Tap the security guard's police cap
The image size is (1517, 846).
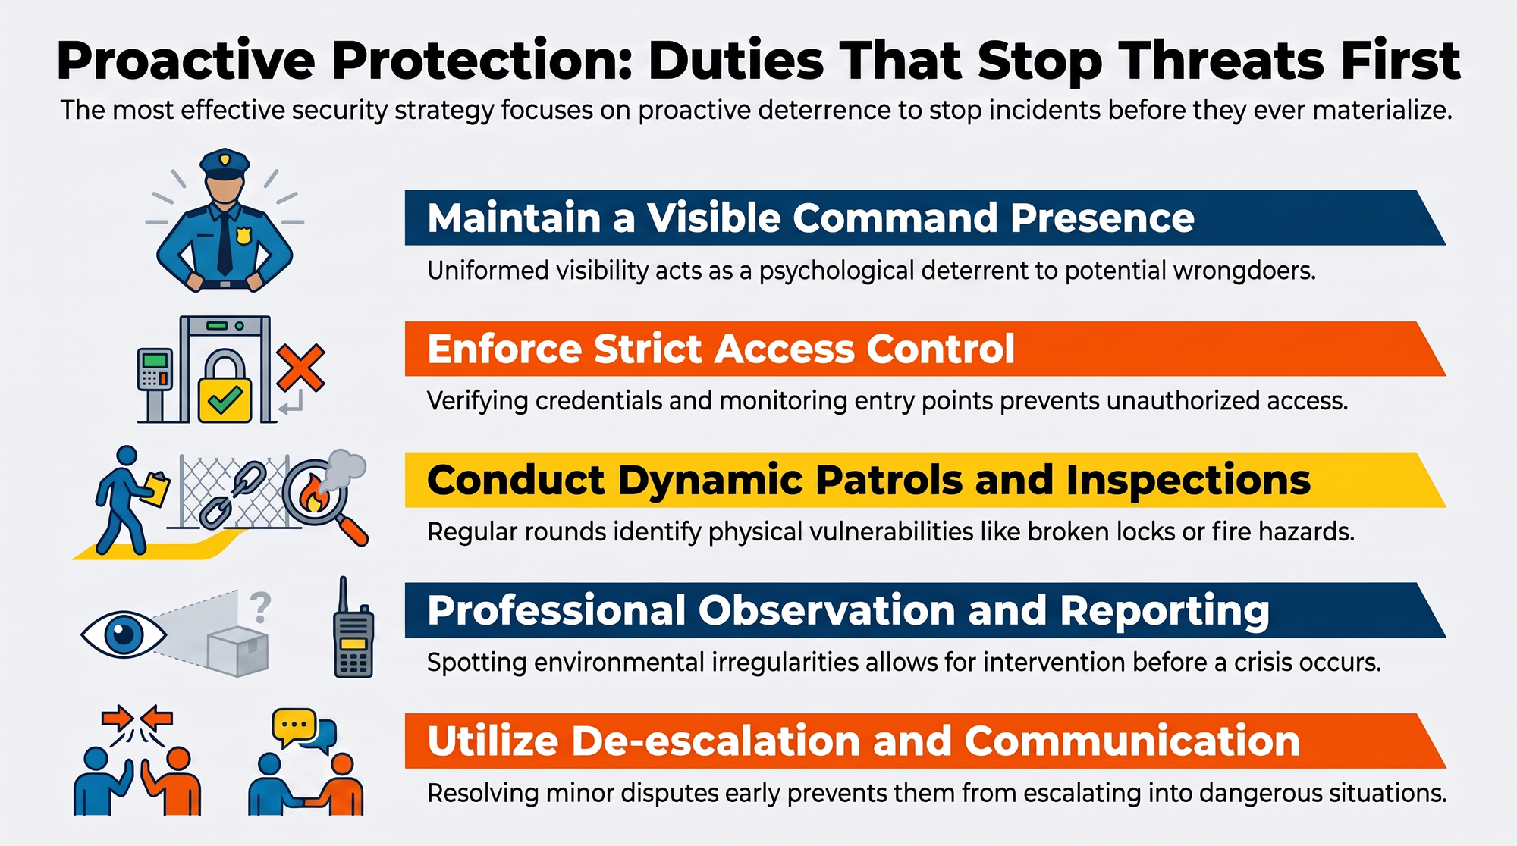[x=225, y=164]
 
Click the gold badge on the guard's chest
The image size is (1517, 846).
[x=243, y=237]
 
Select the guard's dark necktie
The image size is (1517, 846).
[x=225, y=241]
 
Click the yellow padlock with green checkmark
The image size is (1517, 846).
[x=225, y=386]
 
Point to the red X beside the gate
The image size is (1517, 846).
[x=300, y=368]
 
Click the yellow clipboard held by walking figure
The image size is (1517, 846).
[x=155, y=490]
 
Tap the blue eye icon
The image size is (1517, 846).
[x=123, y=634]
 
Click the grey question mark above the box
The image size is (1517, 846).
[x=260, y=607]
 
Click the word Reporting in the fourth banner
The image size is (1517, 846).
[x=1164, y=612]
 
